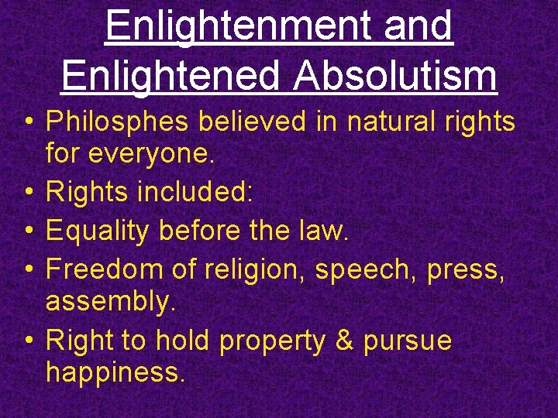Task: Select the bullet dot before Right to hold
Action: click(x=27, y=341)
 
